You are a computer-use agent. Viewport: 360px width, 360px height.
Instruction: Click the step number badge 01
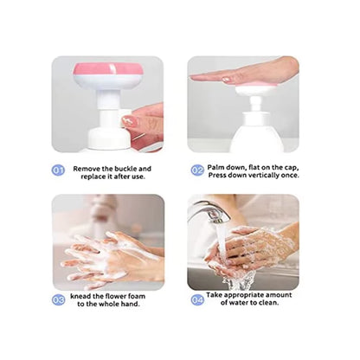click(x=59, y=170)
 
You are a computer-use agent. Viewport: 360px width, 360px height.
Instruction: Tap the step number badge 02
click(x=197, y=170)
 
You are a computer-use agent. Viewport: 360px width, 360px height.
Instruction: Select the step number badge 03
click(x=59, y=299)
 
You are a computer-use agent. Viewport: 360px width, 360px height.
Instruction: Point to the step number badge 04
click(x=197, y=299)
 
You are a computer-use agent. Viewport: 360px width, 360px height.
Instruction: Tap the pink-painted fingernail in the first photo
click(x=128, y=122)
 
